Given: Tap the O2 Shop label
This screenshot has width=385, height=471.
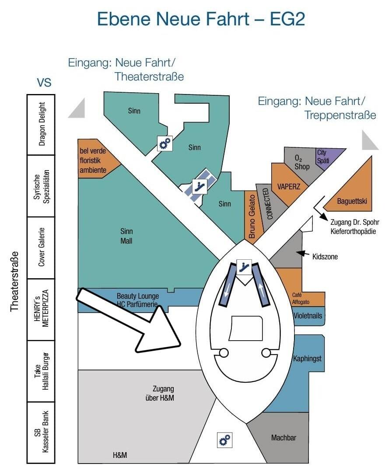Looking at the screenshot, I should [301, 162].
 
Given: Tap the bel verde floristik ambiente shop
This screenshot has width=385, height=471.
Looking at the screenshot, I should [94, 160].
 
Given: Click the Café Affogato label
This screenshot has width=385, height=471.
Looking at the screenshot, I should [301, 298].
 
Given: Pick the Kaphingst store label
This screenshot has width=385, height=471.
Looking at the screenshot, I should [307, 359].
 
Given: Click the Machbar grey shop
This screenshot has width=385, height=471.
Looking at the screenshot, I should [283, 437].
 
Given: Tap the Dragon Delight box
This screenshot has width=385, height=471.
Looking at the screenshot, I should [41, 124].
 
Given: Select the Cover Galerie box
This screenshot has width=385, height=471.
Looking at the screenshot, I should [41, 247].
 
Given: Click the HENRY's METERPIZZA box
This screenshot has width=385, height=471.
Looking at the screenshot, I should [41, 309].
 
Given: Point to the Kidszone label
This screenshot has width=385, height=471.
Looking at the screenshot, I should [325, 256].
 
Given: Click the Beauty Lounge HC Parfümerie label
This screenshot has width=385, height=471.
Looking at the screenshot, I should [137, 300].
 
